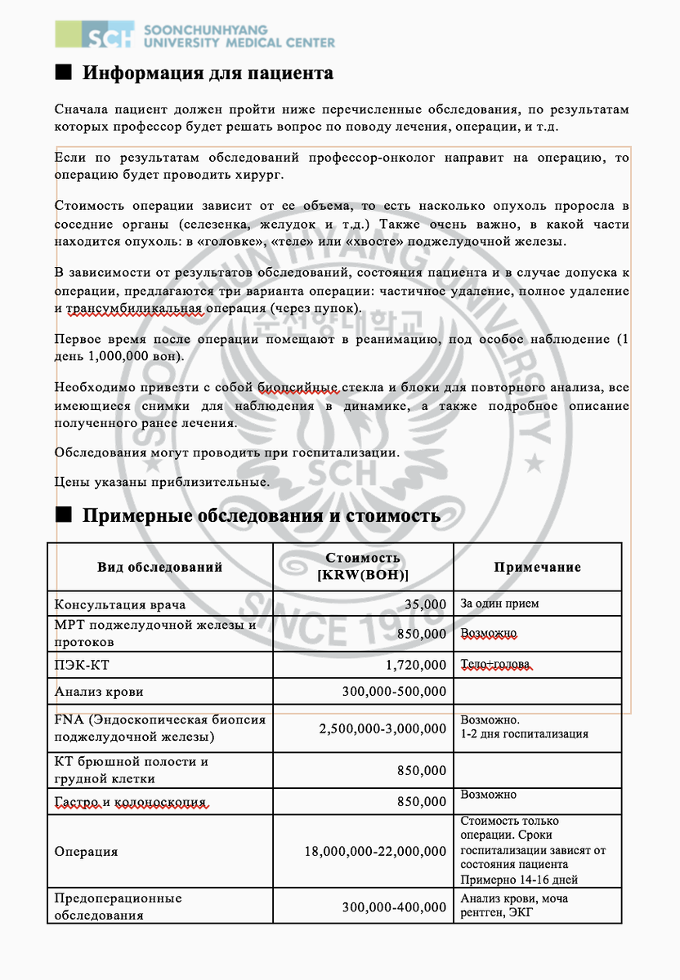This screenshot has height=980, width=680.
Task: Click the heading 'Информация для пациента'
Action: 208,73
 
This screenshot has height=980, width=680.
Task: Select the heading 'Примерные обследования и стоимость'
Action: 261,515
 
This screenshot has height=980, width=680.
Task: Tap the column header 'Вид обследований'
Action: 159,567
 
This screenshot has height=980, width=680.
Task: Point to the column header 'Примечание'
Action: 537,567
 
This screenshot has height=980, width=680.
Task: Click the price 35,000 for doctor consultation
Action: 426,605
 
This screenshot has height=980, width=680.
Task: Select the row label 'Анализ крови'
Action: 99,692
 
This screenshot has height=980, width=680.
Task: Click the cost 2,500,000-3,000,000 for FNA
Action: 382,727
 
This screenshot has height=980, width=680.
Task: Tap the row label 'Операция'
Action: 86,851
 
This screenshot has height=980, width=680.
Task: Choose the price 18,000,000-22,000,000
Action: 375,851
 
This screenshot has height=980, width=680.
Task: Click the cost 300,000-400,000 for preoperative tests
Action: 394,906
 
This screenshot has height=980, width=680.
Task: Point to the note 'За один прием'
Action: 499,604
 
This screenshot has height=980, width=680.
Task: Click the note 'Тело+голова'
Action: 496,663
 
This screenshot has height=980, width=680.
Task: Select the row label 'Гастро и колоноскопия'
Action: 130,802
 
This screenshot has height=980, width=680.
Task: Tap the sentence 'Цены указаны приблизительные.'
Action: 162,482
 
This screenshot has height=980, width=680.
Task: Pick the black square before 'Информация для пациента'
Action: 64,72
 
